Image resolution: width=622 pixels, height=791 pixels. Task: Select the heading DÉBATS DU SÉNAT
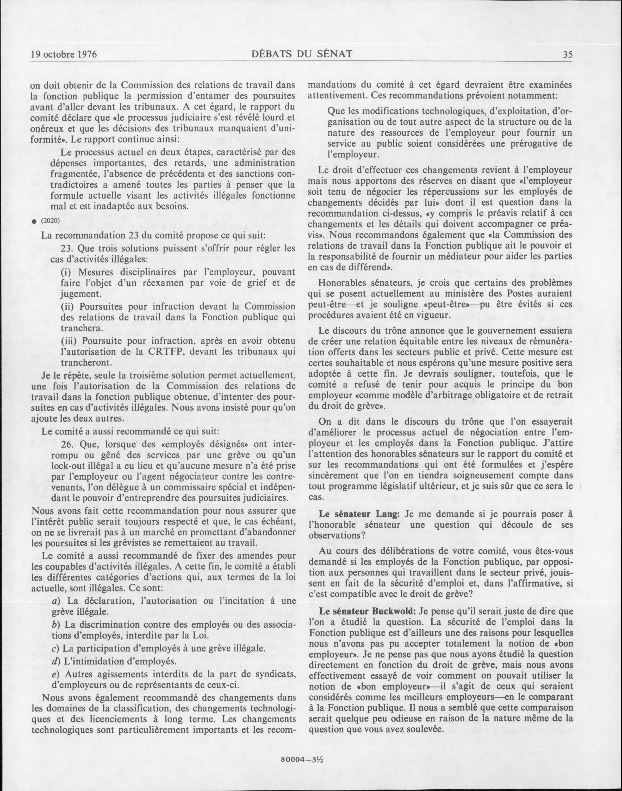pyautogui.click(x=302, y=54)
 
